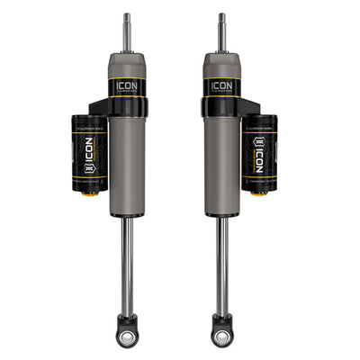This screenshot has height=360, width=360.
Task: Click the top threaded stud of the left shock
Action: pos(127,32)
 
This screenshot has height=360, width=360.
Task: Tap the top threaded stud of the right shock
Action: pos(221,32)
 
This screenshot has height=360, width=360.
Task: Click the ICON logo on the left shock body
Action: pos(127,85)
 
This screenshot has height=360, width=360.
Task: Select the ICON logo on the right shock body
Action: pos(220,85)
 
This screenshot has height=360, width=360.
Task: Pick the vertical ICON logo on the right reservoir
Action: pos(261,148)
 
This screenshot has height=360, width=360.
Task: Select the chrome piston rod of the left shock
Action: pos(127,261)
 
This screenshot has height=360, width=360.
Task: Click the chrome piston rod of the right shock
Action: pos(220,261)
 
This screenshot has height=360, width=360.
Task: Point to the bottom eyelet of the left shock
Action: pos(127,336)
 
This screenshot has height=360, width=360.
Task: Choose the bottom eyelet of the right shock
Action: pos(220,336)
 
